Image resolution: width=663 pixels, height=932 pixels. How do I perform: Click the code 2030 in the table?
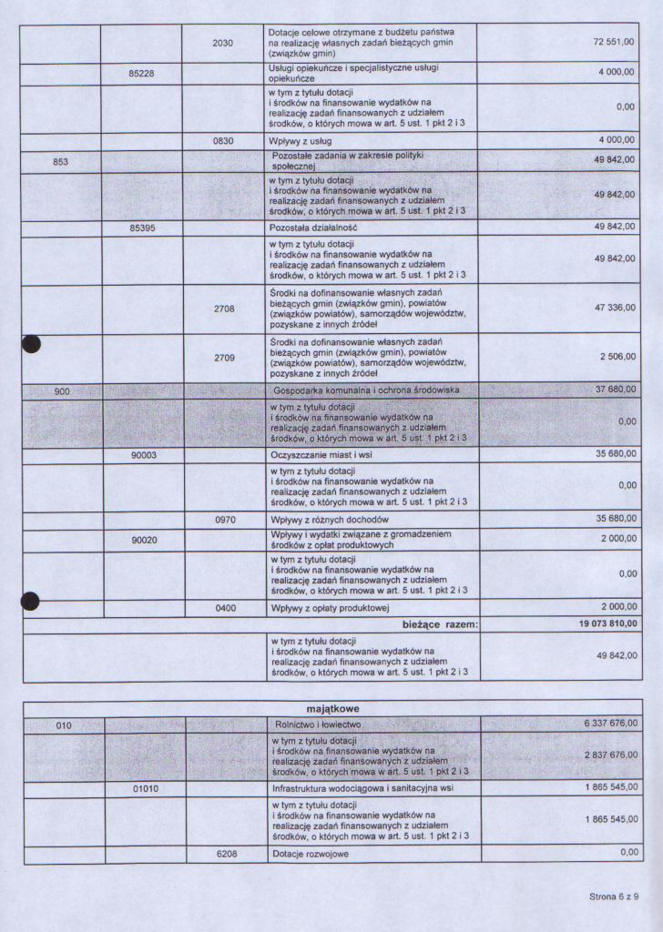click(223, 43)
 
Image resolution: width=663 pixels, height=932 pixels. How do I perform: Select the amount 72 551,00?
click(613, 43)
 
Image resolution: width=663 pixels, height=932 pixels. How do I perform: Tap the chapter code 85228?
click(143, 74)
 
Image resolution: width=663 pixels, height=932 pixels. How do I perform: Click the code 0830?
click(223, 141)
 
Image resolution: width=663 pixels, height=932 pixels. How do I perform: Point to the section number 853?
click(61, 162)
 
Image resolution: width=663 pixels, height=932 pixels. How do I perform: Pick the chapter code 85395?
click(143, 228)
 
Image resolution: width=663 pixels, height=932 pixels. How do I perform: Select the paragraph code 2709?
click(224, 358)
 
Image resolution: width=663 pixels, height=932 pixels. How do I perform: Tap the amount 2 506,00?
click(617, 358)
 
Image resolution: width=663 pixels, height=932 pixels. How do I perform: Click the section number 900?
click(61, 390)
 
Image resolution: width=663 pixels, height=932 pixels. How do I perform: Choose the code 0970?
click(225, 520)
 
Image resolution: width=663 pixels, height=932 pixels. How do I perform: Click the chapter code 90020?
click(145, 540)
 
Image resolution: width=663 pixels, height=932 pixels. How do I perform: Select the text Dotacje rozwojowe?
click(311, 855)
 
